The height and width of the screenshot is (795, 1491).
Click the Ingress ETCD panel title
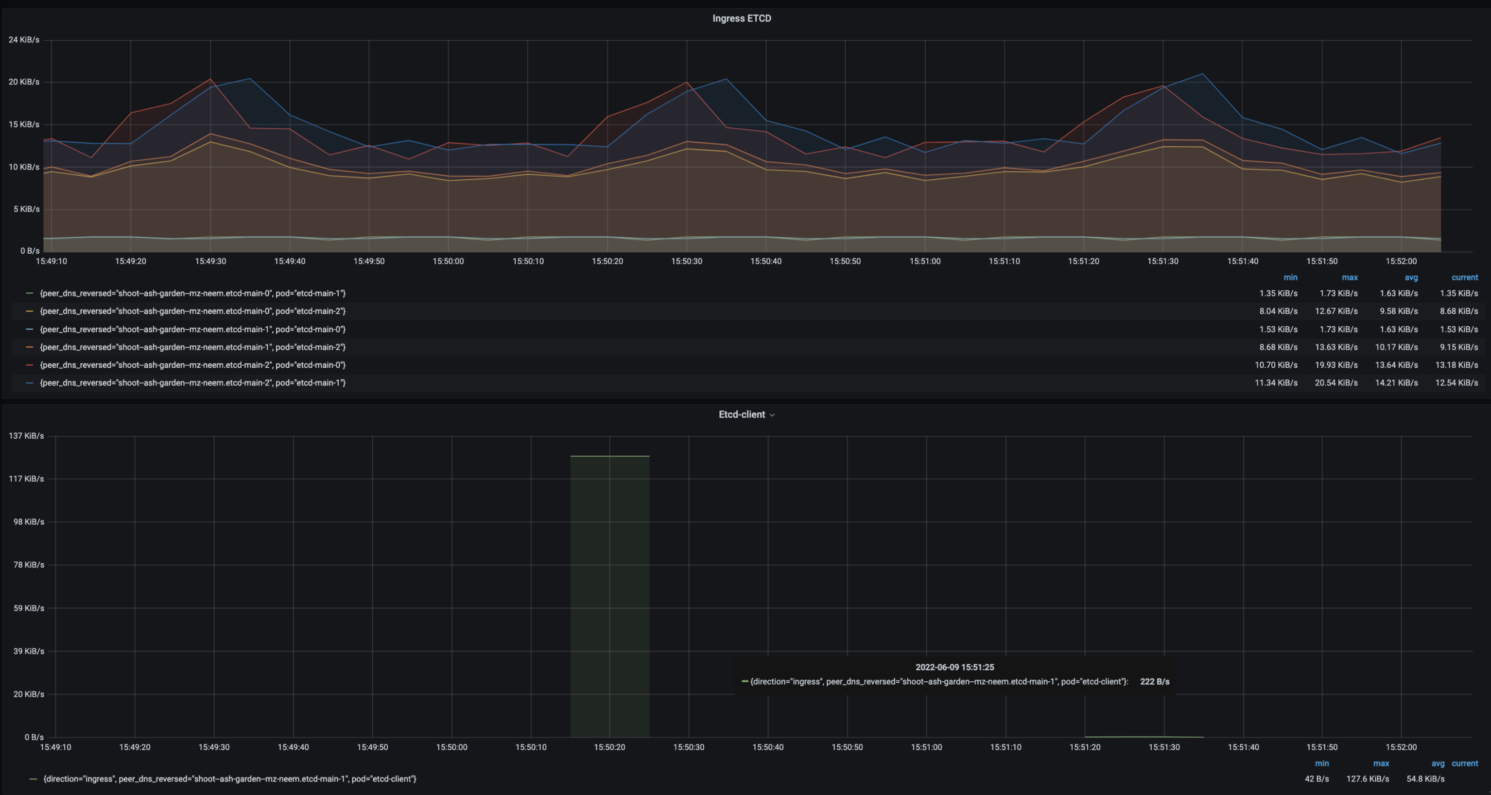[742, 18]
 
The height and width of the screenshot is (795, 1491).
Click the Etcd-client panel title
[742, 415]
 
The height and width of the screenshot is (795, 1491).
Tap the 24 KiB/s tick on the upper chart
[24, 40]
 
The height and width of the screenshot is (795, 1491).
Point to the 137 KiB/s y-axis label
[26, 436]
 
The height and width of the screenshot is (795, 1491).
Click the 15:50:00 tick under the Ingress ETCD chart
[448, 261]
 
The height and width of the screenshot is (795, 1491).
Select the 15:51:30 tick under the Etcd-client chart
[1163, 747]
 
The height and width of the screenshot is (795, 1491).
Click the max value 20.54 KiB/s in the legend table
[1336, 382]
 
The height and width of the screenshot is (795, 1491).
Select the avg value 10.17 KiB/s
[1396, 347]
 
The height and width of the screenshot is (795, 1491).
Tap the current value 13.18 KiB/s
[1456, 365]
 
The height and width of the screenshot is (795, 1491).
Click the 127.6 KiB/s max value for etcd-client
[1367, 779]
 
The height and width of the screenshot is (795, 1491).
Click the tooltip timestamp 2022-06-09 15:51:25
[954, 667]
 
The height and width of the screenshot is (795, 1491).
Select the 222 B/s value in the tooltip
[1154, 682]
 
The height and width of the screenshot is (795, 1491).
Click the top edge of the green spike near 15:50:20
[609, 456]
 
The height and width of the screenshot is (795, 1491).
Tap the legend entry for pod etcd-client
[229, 779]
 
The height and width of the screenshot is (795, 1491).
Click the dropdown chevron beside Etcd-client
[772, 415]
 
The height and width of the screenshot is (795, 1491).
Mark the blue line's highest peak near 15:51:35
[1203, 74]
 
